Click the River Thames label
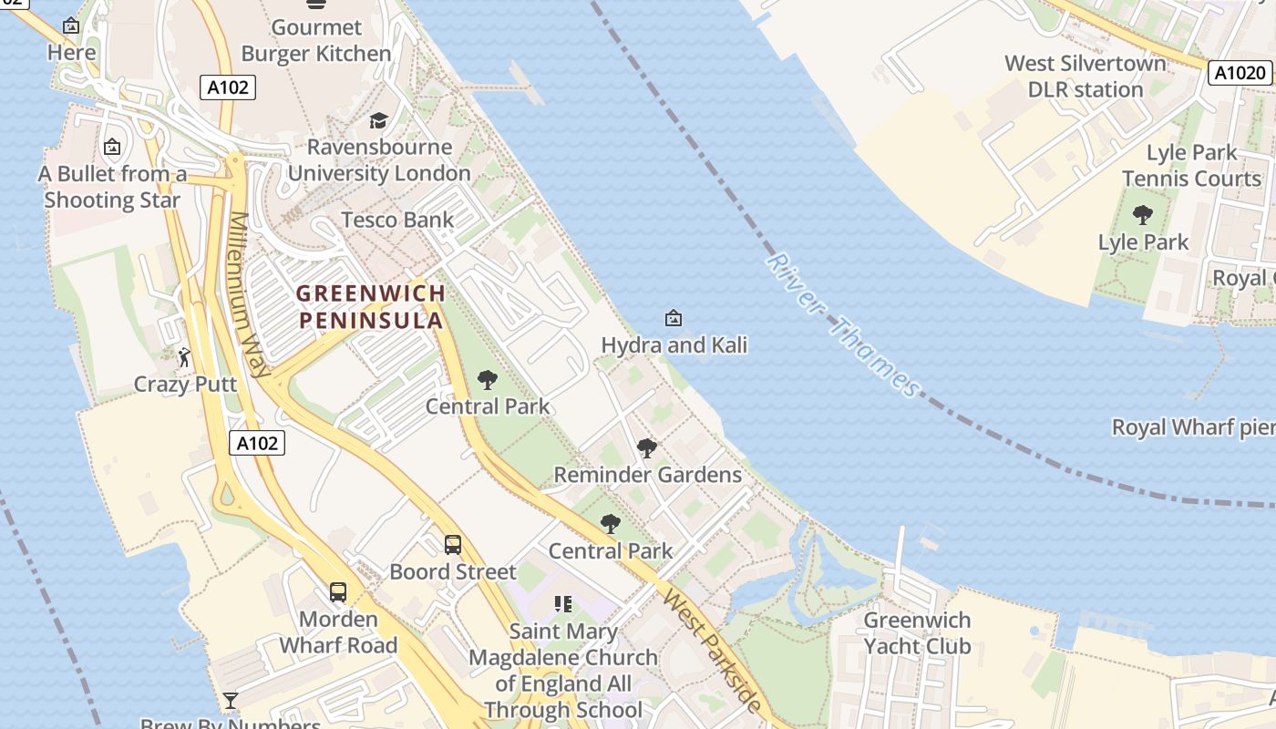click(843, 325)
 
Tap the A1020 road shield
click(1240, 73)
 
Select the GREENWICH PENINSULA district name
click(371, 306)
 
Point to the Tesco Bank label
click(397, 220)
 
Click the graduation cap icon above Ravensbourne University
click(378, 120)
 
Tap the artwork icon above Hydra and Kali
click(674, 318)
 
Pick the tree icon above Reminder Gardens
click(647, 448)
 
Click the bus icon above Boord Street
click(453, 545)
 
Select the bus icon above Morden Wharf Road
click(338, 592)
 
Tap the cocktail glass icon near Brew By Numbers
click(231, 700)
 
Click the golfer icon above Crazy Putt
click(185, 357)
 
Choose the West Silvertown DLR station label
click(1085, 77)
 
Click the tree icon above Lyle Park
click(1143, 216)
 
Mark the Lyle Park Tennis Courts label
click(1191, 165)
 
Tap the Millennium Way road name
click(250, 294)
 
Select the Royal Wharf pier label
click(1192, 427)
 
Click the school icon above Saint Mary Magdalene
click(563, 604)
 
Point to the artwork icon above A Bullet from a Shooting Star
click(112, 147)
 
